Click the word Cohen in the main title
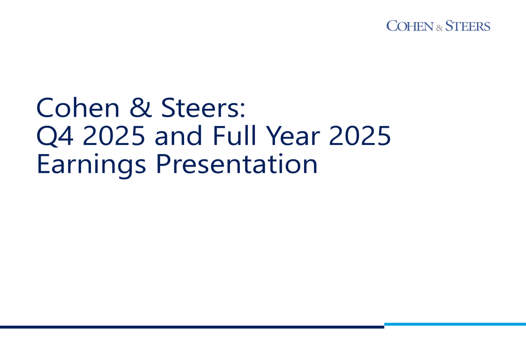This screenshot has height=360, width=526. [x=78, y=108]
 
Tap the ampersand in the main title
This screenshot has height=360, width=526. [x=140, y=108]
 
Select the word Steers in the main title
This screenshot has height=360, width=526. [x=199, y=108]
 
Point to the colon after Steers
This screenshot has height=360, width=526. [x=242, y=110]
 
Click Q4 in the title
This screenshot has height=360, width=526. [x=55, y=136]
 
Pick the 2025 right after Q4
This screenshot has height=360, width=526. [x=114, y=136]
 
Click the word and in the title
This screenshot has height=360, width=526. [x=178, y=136]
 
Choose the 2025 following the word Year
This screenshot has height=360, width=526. [x=360, y=136]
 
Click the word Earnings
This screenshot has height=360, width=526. [x=91, y=165]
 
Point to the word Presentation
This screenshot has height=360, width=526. [x=237, y=164]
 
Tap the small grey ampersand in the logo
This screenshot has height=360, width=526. [x=439, y=28]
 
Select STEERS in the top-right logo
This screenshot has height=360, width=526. [x=468, y=26]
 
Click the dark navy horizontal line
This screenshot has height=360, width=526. [x=192, y=327]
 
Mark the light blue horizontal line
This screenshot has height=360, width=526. [x=455, y=324]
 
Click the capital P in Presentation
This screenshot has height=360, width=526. [x=163, y=164]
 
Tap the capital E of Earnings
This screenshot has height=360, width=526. [x=43, y=164]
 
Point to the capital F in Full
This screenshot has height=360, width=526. [x=219, y=136]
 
